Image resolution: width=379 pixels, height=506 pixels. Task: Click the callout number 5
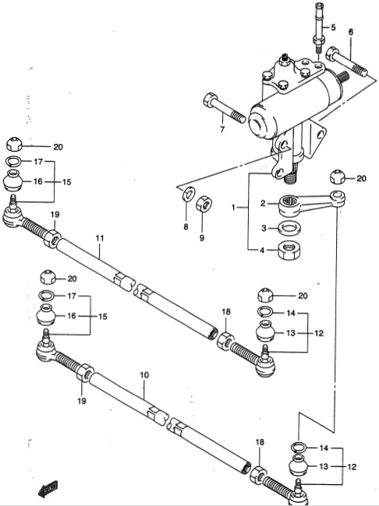click(x=333, y=27)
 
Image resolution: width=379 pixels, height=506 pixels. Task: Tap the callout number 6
click(x=351, y=32)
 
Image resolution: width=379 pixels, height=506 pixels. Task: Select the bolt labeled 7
click(x=225, y=107)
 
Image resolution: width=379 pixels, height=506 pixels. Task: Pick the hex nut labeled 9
click(x=204, y=203)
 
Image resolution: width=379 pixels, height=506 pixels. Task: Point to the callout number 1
click(x=233, y=208)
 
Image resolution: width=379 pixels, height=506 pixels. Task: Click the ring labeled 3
click(x=289, y=228)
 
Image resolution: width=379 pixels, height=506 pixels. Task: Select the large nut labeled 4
click(x=289, y=250)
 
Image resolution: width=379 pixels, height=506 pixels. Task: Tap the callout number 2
click(x=263, y=203)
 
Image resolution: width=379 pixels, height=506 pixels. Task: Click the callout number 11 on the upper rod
click(x=100, y=238)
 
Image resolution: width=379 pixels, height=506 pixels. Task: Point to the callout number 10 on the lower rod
click(x=144, y=375)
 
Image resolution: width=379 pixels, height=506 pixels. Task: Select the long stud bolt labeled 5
click(x=318, y=27)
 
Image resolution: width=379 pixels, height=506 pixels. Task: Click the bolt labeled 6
click(x=347, y=62)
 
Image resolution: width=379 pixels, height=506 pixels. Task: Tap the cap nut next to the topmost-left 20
click(x=14, y=144)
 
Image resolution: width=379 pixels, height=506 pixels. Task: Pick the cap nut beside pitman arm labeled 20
click(x=338, y=177)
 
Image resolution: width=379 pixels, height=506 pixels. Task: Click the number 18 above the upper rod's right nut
click(x=226, y=311)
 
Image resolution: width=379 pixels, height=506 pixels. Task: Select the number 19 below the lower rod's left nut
click(x=81, y=401)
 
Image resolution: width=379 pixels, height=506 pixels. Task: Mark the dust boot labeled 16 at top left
click(x=13, y=181)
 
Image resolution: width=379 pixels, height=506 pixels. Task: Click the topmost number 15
click(x=66, y=182)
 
